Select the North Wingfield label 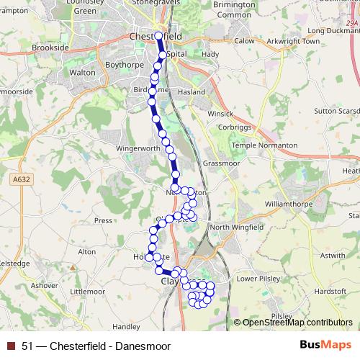238,228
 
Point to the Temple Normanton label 264,145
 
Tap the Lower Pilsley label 257,278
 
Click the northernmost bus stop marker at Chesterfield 158,35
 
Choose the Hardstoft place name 330,291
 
